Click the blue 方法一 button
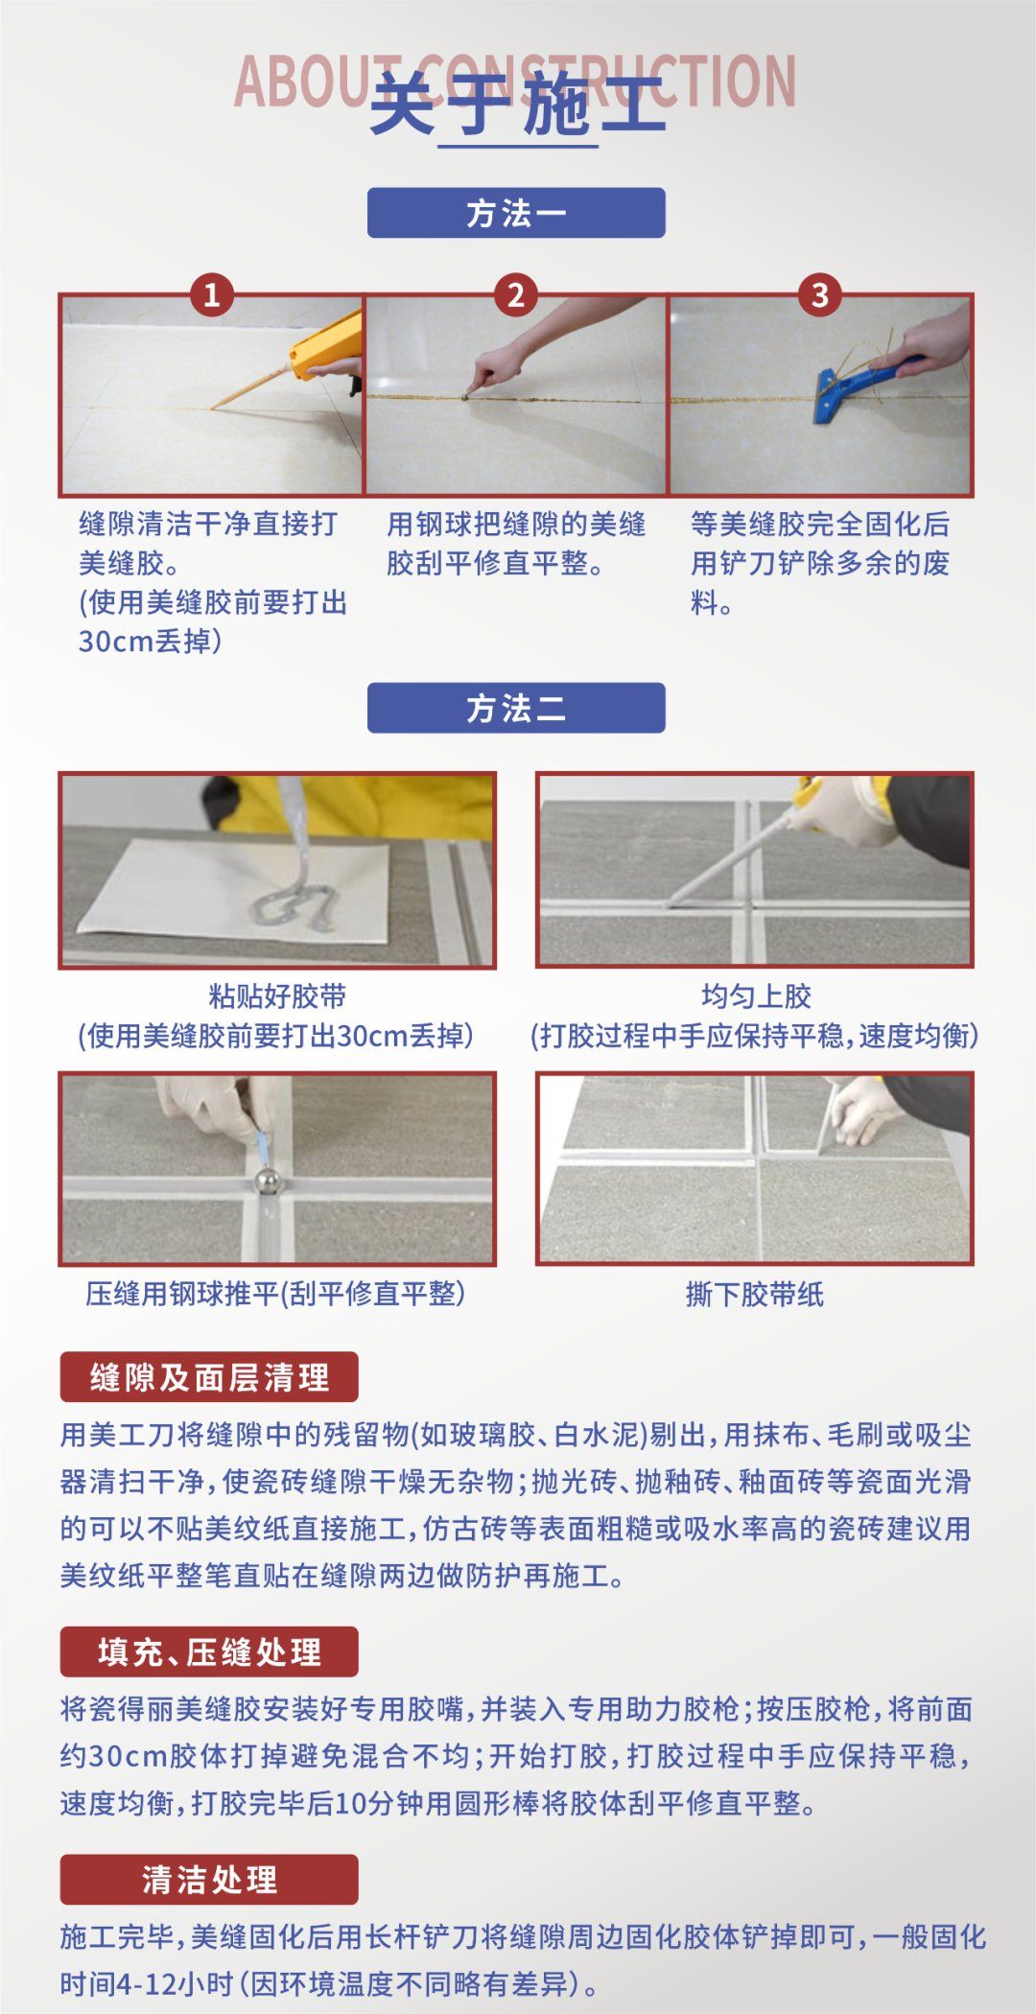(516, 213)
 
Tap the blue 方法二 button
(516, 708)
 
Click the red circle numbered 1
(211, 294)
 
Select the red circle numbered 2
(515, 294)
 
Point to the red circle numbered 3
(819, 294)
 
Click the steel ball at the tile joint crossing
(266, 1182)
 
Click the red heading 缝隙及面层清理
(209, 1377)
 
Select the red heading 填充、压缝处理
(209, 1651)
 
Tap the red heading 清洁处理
(209, 1879)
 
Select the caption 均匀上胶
(756, 996)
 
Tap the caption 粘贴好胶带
(277, 996)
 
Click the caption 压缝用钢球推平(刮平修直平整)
(275, 1294)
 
